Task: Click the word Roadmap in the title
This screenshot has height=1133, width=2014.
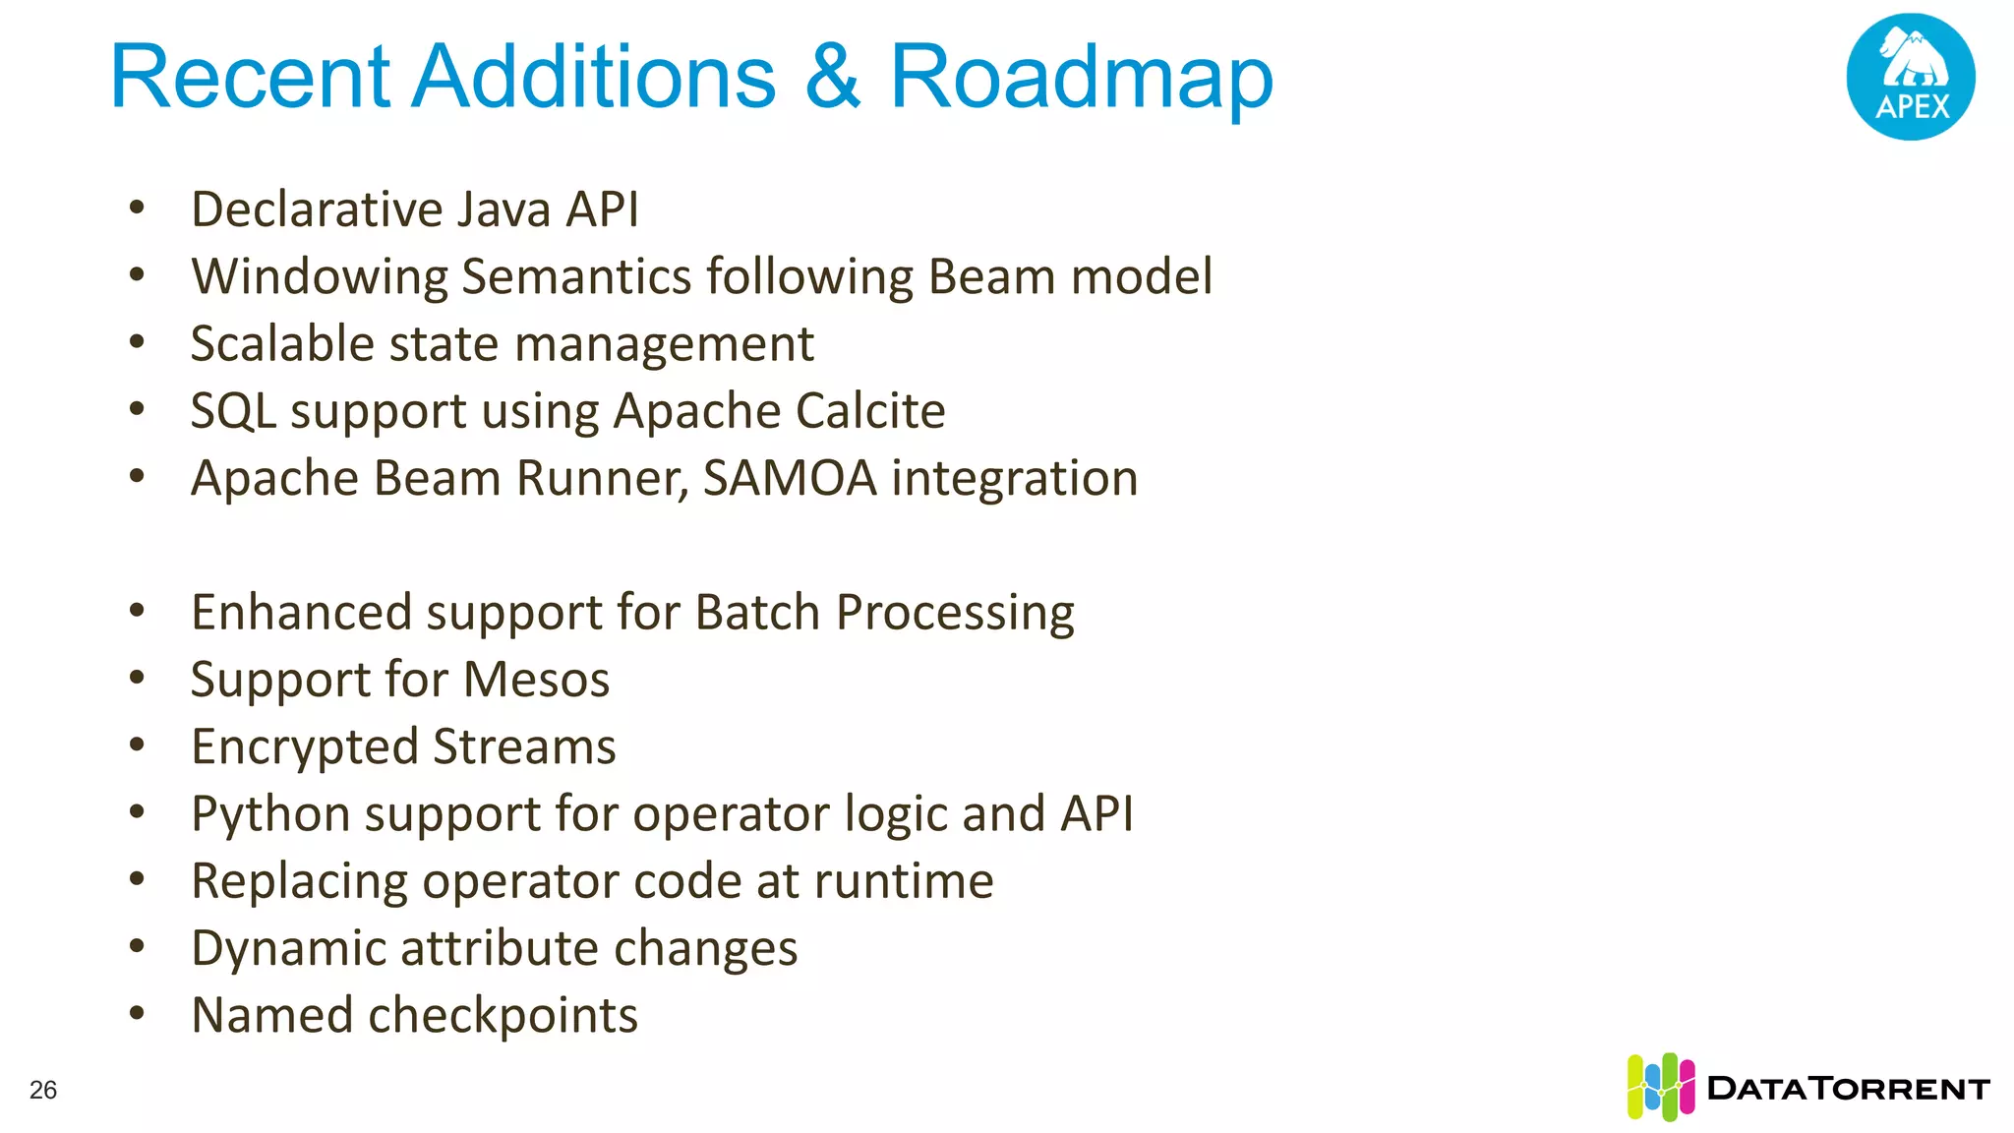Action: [1081, 79]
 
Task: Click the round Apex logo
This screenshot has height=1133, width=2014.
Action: [1910, 77]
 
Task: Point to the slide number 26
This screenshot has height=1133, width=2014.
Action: [43, 1090]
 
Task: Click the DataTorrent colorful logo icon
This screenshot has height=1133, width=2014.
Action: [1660, 1087]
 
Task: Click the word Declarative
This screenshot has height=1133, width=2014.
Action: [317, 209]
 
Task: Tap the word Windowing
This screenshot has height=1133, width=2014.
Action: [320, 277]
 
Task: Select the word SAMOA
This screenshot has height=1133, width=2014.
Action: [790, 479]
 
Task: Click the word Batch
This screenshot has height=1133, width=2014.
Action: [757, 613]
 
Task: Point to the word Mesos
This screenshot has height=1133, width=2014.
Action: [536, 680]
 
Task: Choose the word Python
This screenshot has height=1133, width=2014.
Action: [270, 815]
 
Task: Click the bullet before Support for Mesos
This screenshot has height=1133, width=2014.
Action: [137, 678]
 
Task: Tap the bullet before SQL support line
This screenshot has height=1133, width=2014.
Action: [137, 409]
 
